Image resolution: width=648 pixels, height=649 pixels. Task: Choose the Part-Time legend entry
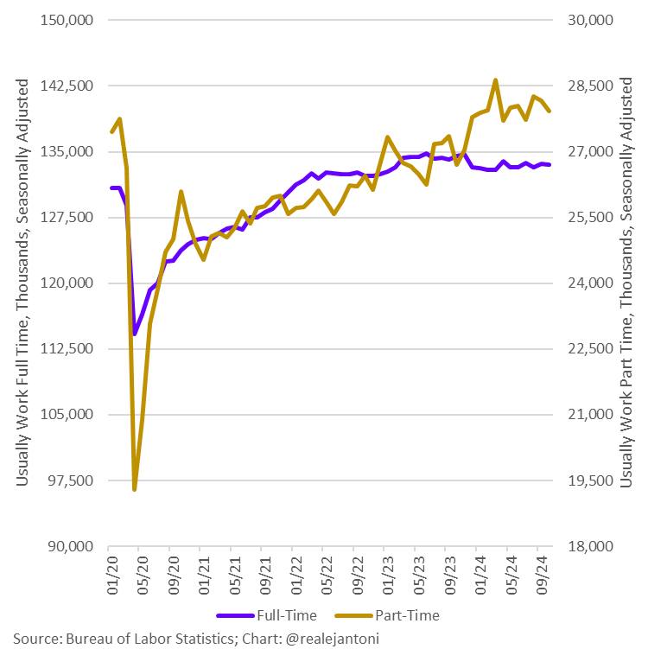tap(397, 615)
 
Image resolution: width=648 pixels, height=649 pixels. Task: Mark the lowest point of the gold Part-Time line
tap(135, 489)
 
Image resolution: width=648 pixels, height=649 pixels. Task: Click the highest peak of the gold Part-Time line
tap(495, 80)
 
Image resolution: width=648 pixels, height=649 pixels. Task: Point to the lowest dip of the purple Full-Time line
tap(134, 334)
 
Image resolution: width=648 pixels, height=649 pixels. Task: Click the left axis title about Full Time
tap(23, 283)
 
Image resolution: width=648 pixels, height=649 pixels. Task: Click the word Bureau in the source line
tap(92, 639)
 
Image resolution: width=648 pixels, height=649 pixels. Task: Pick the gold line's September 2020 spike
tap(181, 192)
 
